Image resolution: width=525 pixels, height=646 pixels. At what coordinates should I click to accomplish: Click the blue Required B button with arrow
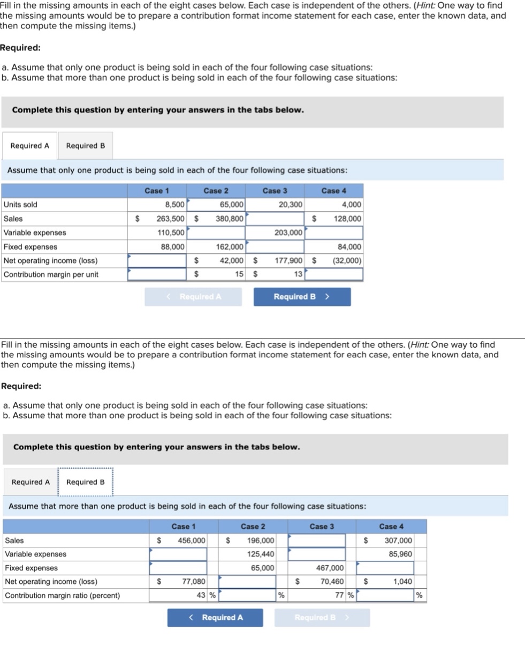(302, 297)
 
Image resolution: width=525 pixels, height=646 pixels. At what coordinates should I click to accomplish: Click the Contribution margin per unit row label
(51, 274)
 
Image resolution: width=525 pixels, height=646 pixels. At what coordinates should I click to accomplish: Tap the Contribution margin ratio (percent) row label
(62, 595)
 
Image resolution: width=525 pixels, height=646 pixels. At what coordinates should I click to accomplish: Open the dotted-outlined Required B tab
(86, 482)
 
